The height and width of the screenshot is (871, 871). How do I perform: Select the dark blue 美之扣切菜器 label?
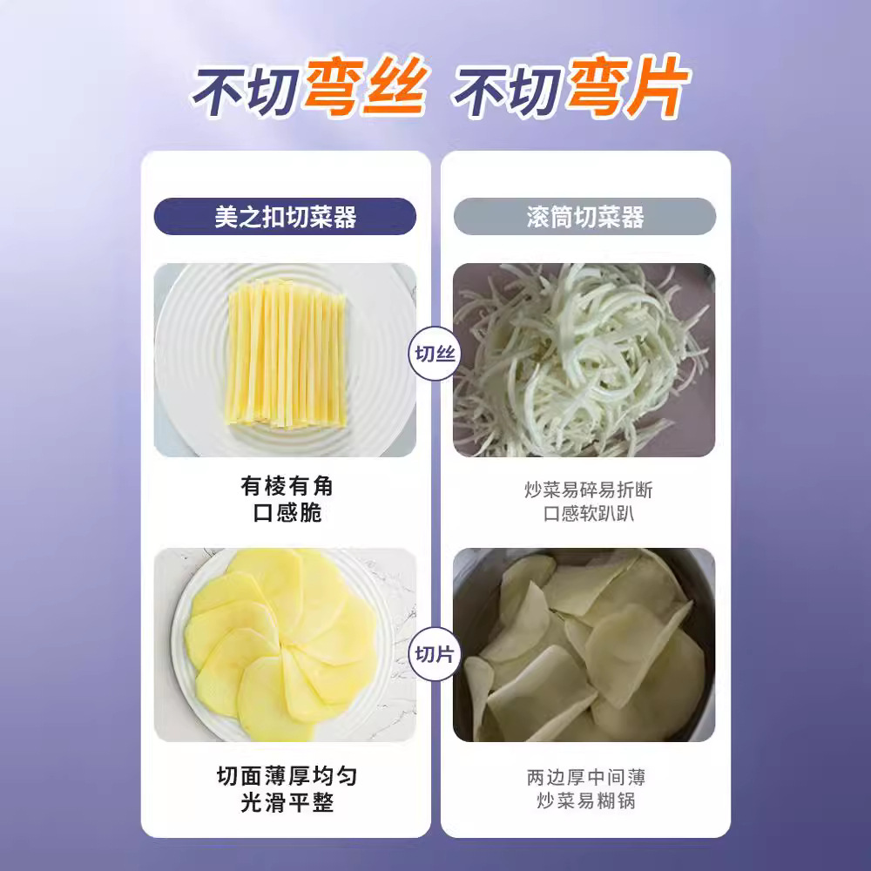[x=285, y=216]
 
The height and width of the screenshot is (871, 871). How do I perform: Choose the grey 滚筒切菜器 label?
[x=584, y=216]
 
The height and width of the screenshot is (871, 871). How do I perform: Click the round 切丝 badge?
[x=435, y=354]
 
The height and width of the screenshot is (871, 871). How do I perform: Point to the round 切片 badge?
[x=435, y=654]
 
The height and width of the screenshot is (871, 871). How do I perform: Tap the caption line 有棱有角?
[x=287, y=486]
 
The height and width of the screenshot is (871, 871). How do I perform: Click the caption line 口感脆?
[x=287, y=512]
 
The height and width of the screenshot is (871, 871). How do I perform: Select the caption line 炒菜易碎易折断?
[x=588, y=490]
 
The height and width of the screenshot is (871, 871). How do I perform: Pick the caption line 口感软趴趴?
[x=588, y=513]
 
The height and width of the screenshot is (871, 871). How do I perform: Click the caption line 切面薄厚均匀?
[x=287, y=776]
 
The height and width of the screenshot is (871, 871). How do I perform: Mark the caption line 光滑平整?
[x=287, y=802]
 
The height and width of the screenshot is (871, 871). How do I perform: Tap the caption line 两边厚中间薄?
[x=586, y=777]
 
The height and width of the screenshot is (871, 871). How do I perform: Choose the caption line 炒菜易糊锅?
[x=586, y=800]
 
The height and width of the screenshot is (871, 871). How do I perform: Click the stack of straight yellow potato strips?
[x=286, y=354]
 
